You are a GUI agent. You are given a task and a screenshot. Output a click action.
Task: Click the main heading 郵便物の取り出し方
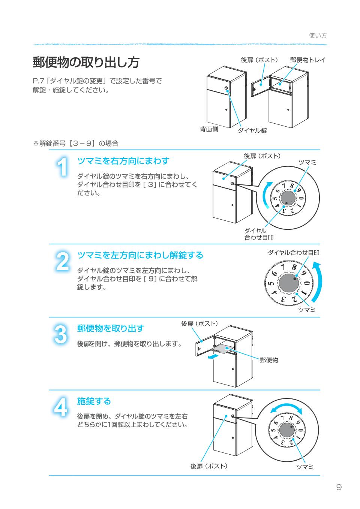coord(86,63)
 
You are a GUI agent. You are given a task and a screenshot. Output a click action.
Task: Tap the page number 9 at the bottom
coord(339,487)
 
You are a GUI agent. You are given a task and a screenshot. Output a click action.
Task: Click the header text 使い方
coord(318,36)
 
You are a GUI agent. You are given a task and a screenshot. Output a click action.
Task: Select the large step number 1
coord(62,167)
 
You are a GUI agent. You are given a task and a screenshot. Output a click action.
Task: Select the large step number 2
coord(62,261)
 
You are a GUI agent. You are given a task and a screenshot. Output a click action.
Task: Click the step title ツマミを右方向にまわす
coord(123,161)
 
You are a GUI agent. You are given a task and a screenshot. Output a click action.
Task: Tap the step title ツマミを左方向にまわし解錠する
coord(140,255)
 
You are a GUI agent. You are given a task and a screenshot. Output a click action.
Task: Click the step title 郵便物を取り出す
coord(110,328)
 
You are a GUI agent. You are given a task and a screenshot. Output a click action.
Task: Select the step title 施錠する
coord(94,401)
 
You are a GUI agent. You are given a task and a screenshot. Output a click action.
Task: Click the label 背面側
coord(208,130)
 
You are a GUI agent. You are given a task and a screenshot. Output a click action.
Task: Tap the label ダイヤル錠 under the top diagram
coord(252,130)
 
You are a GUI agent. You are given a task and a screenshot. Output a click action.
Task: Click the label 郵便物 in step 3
coord(269,360)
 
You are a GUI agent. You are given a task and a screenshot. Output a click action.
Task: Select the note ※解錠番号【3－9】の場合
coord(76,143)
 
